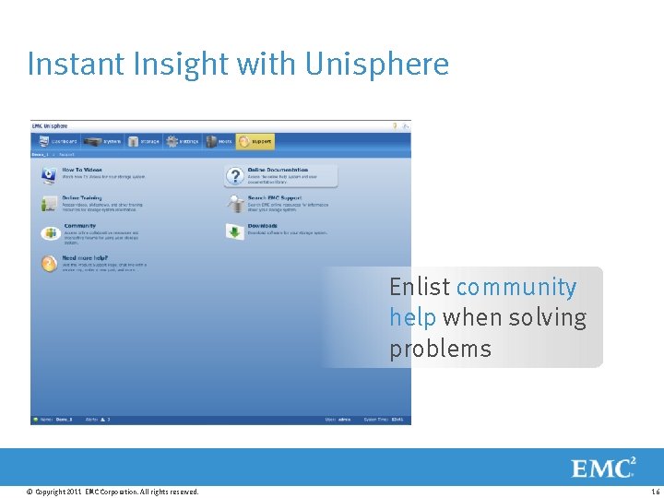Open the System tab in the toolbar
point(102,142)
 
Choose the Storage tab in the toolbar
point(144,142)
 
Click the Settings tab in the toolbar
point(183,142)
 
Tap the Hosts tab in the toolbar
point(219,142)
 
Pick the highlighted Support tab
point(255,142)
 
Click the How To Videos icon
point(48,175)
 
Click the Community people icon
point(48,232)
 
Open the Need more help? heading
point(85,258)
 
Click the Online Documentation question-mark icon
point(234,175)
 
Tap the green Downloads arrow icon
point(234,231)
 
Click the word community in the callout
point(516,288)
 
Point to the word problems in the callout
point(440,349)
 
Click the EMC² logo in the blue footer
point(603,468)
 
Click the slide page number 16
point(655,492)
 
